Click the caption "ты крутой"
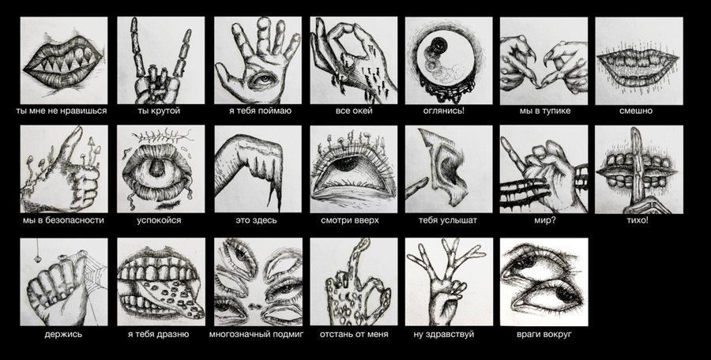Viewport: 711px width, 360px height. (x=158, y=111)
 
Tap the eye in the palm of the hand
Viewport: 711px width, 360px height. (x=258, y=80)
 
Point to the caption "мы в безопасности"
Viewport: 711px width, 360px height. (x=63, y=220)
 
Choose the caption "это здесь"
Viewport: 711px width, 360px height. (x=256, y=220)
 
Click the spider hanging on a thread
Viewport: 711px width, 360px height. (x=38, y=258)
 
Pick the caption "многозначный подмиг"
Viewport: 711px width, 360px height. (x=256, y=335)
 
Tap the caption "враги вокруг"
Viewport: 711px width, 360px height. (x=544, y=335)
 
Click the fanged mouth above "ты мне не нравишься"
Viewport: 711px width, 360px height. (x=63, y=62)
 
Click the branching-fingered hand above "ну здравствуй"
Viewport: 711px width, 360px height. (x=447, y=280)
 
